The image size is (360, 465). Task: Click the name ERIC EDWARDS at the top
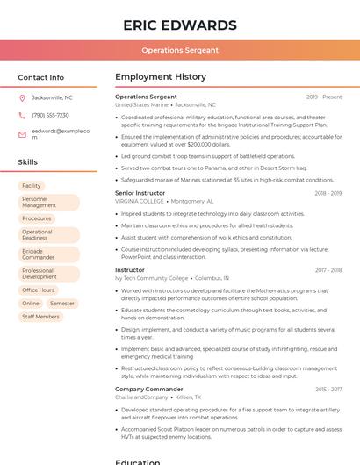180,25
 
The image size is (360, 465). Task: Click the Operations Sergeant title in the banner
180,50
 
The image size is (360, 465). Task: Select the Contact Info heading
40,77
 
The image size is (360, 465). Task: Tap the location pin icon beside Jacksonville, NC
22,97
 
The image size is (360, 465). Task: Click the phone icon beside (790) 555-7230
22,115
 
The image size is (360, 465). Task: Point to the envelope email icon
22,133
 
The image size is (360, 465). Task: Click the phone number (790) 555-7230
50,115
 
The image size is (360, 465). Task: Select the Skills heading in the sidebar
27,162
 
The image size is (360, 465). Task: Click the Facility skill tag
32,186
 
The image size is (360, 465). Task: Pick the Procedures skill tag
37,218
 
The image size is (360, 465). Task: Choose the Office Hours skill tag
39,290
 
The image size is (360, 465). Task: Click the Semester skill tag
62,303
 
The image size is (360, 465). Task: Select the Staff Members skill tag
41,317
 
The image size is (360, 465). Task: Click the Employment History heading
161,77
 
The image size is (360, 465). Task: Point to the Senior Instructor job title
140,192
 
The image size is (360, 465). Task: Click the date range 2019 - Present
324,97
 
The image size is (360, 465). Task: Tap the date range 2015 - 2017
328,389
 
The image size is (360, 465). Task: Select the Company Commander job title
149,389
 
